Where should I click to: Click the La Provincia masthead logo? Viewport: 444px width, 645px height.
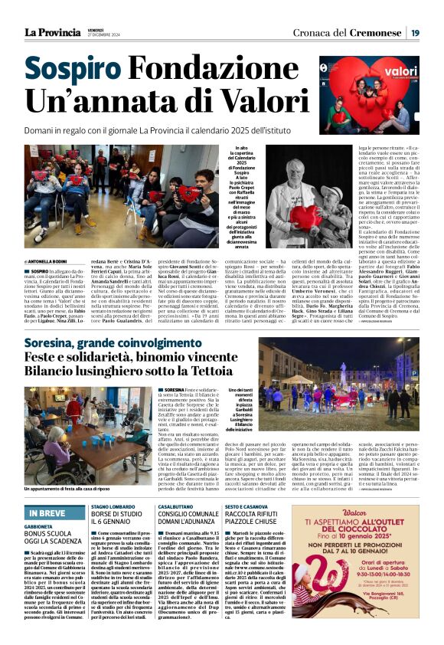coord(52,32)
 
